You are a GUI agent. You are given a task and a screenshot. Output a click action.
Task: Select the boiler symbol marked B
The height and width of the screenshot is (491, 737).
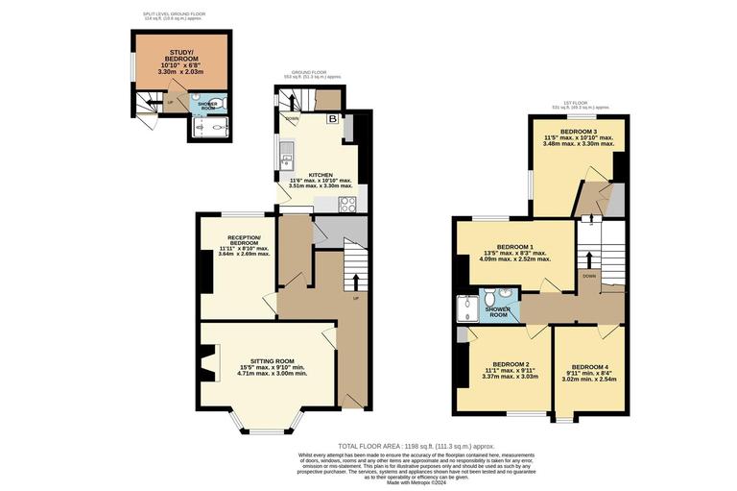333,118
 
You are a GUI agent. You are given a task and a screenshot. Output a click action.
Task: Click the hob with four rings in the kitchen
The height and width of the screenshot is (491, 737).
346,204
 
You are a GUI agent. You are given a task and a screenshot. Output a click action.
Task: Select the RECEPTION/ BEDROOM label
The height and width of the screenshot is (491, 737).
244,237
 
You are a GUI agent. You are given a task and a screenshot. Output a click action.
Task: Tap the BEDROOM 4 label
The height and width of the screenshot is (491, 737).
590,368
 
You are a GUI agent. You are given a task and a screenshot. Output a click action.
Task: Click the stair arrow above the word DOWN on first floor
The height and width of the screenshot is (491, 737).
587,258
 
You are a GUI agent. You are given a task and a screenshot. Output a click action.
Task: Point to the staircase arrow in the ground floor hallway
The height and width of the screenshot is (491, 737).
357,281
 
